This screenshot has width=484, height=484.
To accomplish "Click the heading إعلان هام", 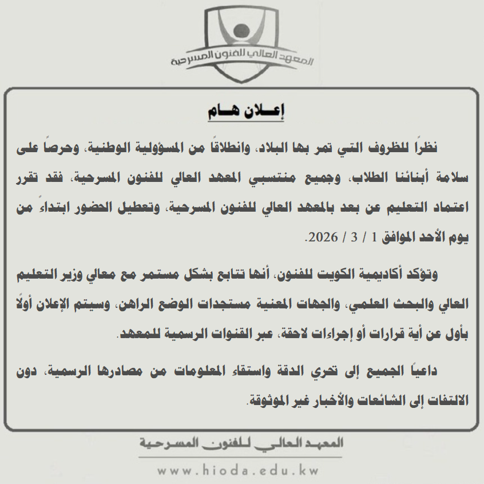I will click(245, 111).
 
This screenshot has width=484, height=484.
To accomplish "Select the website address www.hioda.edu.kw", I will click(238, 471).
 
